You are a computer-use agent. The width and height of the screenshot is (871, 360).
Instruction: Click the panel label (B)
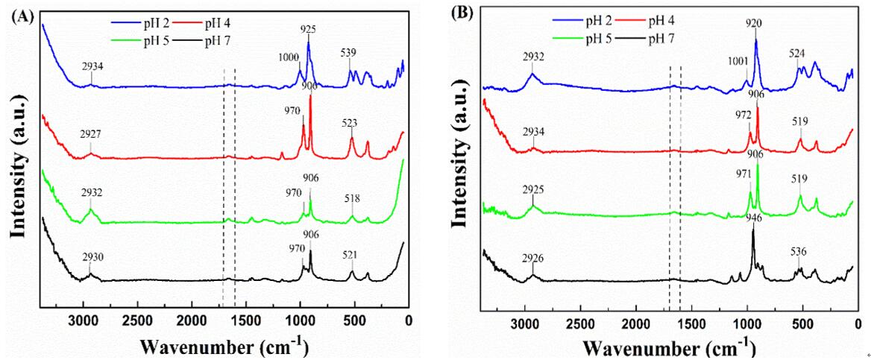click(465, 14)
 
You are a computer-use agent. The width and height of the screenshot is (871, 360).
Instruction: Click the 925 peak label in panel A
click(308, 29)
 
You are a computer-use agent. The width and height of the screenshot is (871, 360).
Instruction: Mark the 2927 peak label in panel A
click(92, 135)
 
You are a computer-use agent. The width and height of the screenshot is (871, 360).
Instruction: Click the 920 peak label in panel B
click(755, 22)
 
